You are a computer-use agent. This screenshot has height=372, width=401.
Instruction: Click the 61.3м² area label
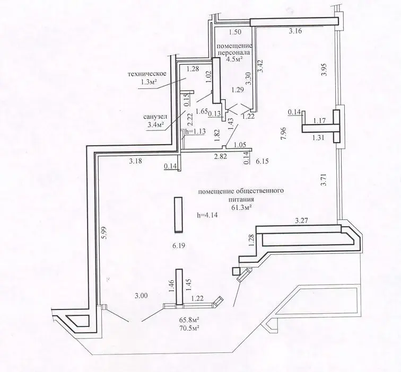click(241, 207)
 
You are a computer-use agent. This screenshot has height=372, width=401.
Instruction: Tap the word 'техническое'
click(147, 74)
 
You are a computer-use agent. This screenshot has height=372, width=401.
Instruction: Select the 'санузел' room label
click(155, 117)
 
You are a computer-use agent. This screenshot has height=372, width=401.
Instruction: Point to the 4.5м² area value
click(234, 59)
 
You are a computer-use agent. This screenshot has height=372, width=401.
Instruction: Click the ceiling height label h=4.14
click(207, 215)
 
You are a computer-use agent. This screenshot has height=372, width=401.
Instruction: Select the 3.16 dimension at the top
click(295, 31)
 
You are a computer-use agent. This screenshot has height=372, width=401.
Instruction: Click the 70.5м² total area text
click(189, 327)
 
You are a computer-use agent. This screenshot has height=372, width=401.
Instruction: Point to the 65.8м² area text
click(189, 320)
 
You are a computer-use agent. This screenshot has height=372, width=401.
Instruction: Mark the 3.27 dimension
click(302, 221)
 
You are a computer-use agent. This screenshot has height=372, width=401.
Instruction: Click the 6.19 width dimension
click(179, 246)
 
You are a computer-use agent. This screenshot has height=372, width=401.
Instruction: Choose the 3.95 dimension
click(324, 70)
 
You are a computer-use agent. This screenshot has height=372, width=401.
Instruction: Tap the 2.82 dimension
click(221, 157)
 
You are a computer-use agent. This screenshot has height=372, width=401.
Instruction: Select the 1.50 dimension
click(235, 32)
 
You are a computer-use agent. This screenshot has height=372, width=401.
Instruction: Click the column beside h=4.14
click(178, 215)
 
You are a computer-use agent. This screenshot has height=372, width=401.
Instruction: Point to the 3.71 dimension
click(324, 180)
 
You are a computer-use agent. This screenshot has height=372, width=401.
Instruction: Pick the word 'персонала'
click(234, 53)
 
